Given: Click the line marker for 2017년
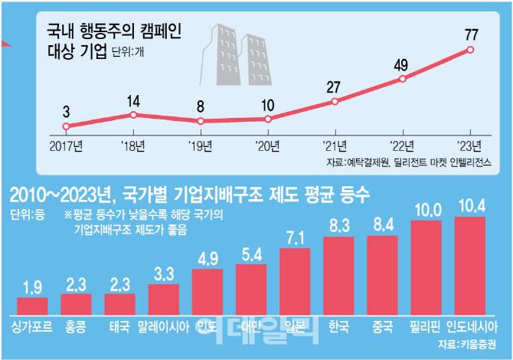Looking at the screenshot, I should pos(67,126).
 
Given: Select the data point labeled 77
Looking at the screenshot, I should pos(470,51).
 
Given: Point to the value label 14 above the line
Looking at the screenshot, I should pos(133,100).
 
